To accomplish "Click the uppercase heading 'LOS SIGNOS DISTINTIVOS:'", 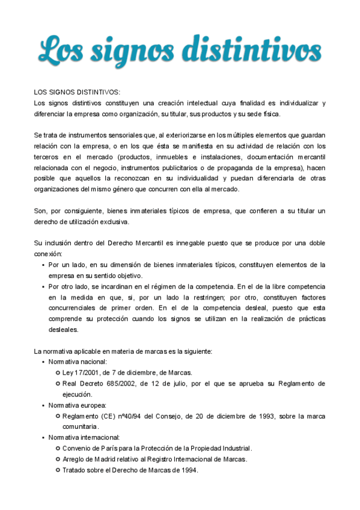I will [x=77, y=92].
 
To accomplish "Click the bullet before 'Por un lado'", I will [x=43, y=265].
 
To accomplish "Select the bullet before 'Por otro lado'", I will [x=43, y=286].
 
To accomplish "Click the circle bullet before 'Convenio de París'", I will [x=58, y=448].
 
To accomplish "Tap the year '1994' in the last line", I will [x=189, y=470].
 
